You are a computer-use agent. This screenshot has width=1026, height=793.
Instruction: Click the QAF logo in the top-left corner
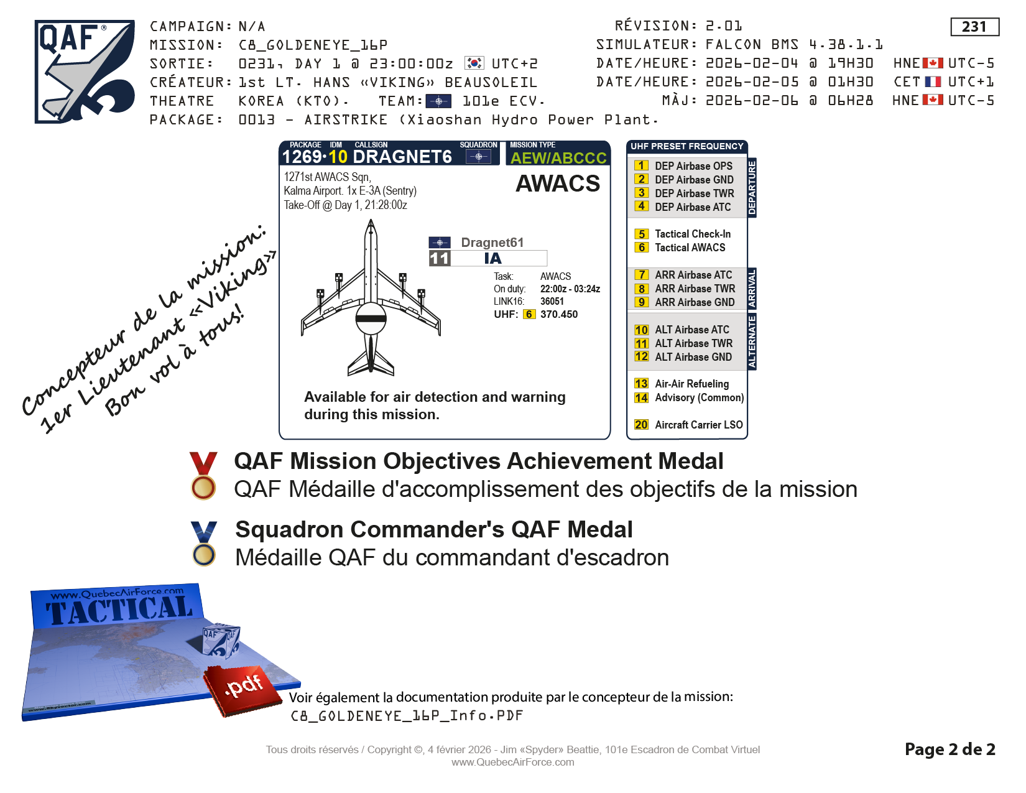click(x=85, y=72)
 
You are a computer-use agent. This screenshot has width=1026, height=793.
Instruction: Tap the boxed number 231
click(x=974, y=27)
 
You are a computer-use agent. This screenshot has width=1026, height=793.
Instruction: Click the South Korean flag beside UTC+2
click(x=474, y=63)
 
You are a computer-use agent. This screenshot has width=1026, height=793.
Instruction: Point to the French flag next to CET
click(x=933, y=81)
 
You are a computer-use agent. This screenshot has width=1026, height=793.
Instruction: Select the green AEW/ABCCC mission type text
click(x=558, y=158)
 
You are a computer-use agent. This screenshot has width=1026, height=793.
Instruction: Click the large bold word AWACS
click(x=558, y=183)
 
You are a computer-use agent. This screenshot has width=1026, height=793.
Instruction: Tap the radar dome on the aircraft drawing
click(x=371, y=318)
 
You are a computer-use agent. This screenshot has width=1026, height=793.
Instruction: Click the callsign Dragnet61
click(x=492, y=243)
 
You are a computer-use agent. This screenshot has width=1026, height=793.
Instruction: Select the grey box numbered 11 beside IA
click(x=440, y=258)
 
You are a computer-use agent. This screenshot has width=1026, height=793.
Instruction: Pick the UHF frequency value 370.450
click(x=559, y=315)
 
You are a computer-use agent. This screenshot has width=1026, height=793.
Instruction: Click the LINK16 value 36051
click(x=552, y=301)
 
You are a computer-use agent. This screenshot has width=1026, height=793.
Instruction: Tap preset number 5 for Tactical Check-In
click(x=641, y=234)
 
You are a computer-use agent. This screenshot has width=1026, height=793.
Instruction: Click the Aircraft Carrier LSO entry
click(x=688, y=425)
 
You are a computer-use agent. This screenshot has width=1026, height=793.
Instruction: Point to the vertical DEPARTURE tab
click(x=752, y=187)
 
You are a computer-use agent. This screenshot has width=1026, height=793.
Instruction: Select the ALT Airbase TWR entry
click(x=683, y=343)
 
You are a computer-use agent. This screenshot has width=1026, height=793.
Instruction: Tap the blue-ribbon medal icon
click(x=204, y=544)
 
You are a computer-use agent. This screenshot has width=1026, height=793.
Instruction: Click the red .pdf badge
click(x=243, y=690)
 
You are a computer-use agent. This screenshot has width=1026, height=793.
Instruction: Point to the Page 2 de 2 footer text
click(x=950, y=749)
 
